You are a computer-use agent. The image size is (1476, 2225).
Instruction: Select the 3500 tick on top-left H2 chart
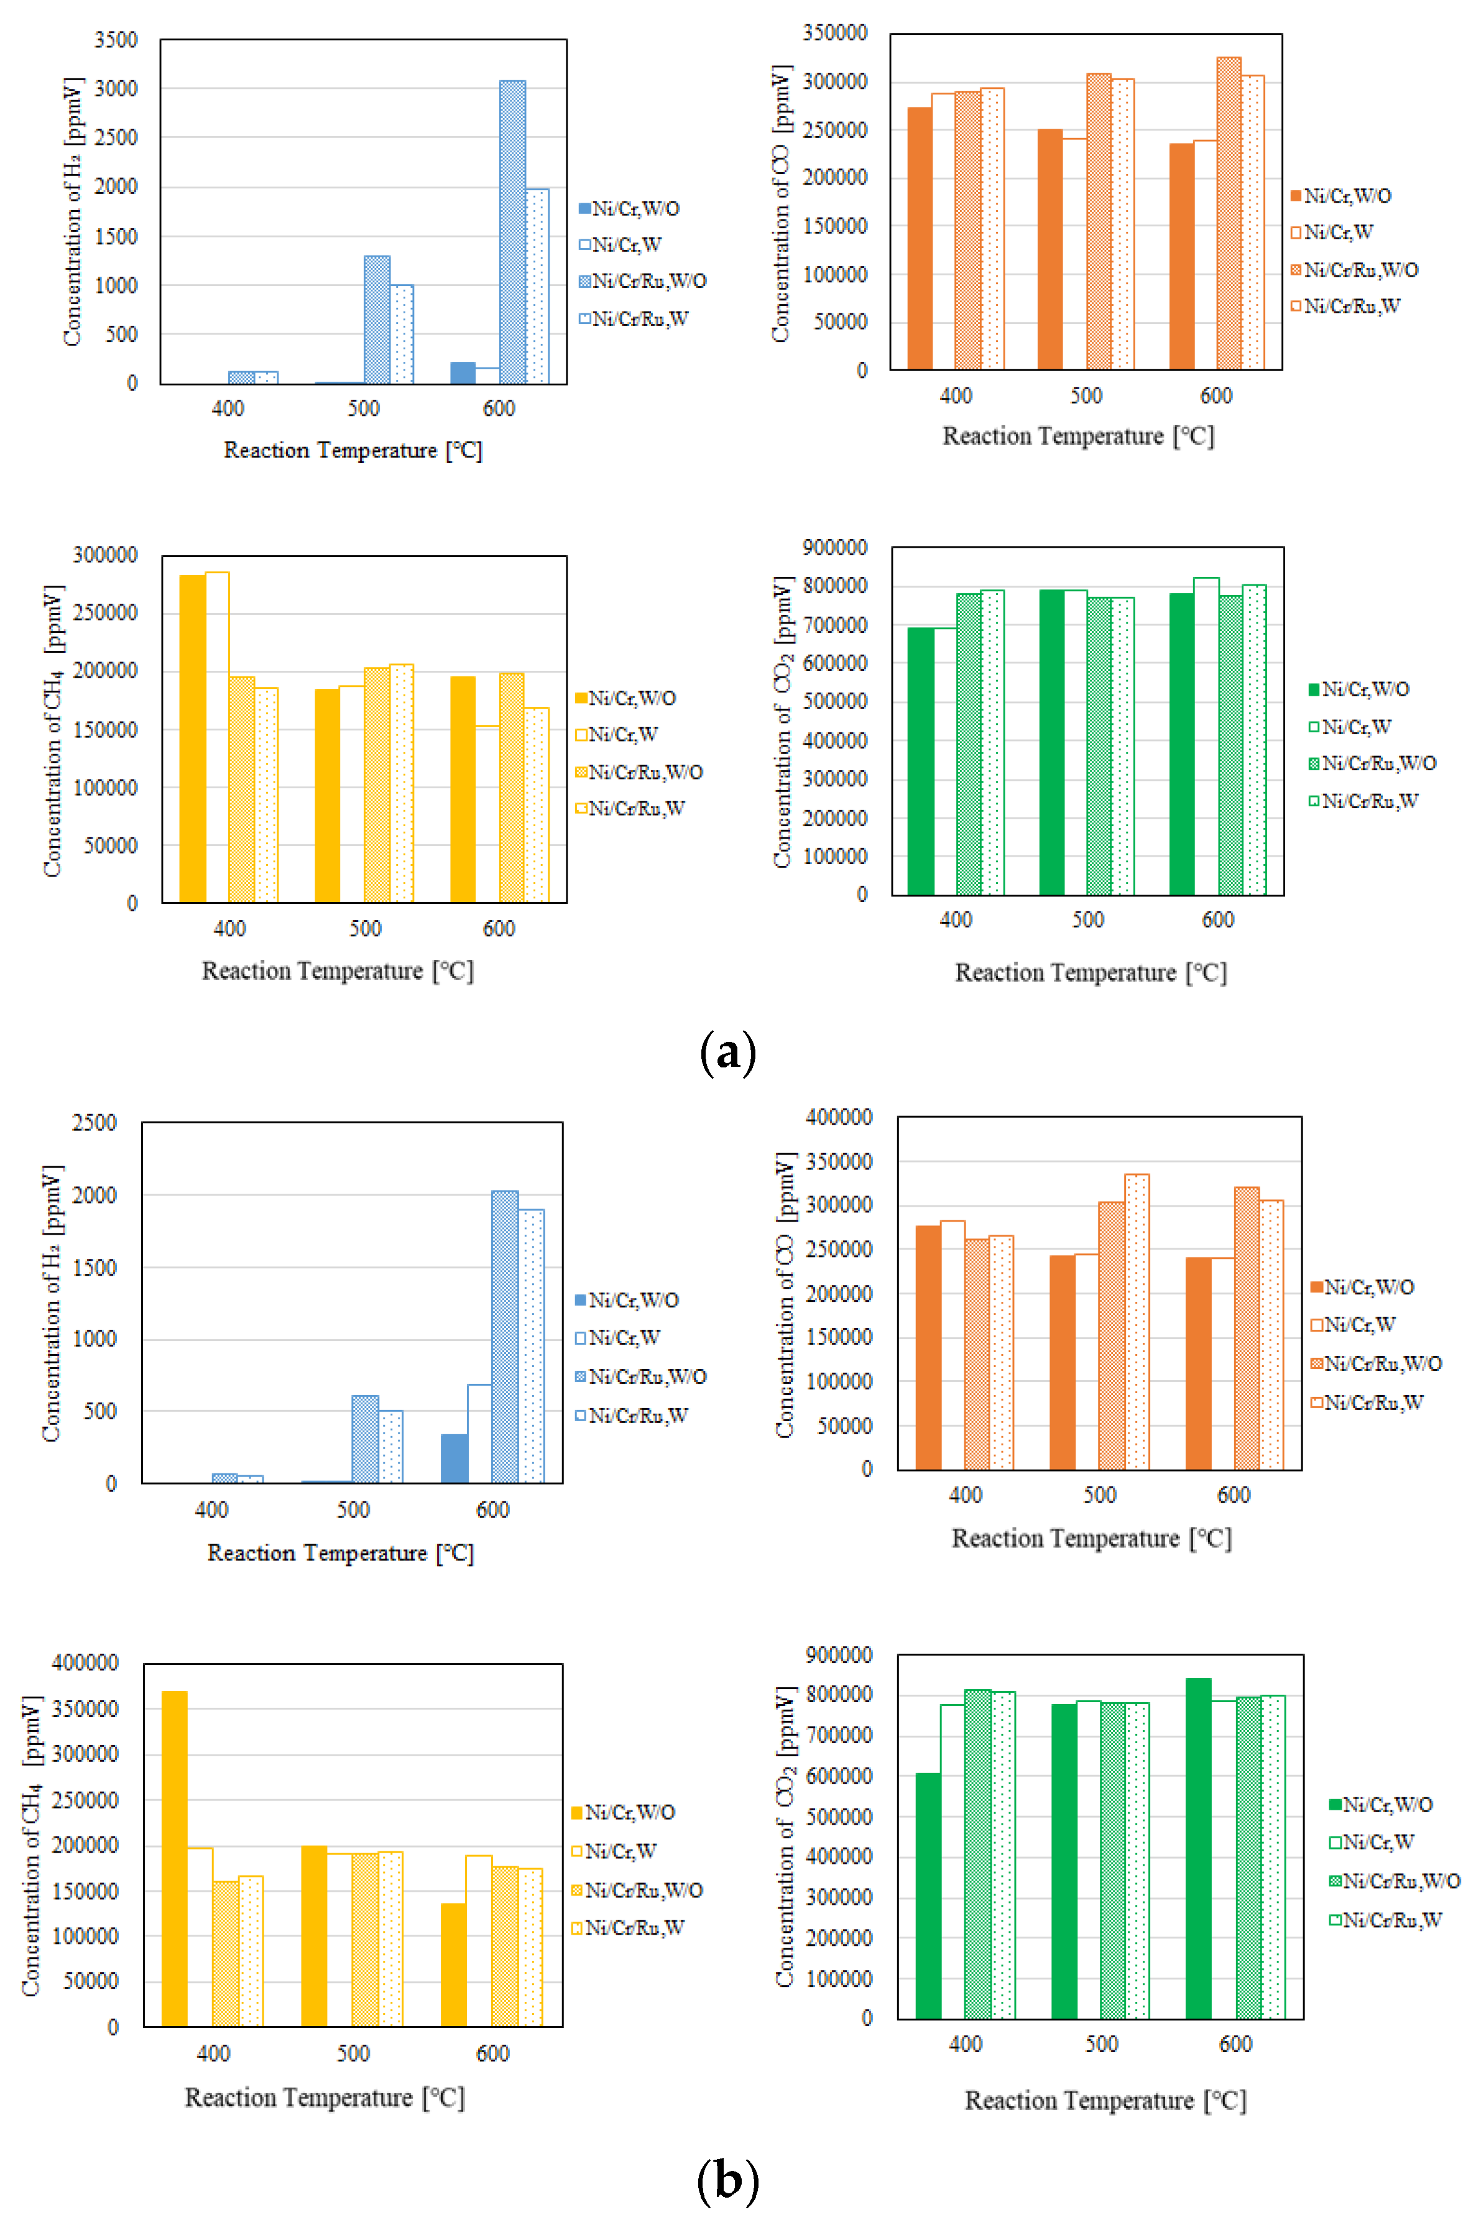(115, 40)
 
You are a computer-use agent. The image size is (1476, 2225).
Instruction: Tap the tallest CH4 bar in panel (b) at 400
(174, 1858)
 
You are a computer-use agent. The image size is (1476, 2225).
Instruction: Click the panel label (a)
(727, 1053)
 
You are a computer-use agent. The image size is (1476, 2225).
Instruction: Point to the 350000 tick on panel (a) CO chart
(834, 33)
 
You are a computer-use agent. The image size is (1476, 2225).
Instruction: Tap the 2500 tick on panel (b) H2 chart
(94, 1123)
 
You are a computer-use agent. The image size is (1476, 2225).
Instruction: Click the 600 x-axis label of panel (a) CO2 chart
(1217, 919)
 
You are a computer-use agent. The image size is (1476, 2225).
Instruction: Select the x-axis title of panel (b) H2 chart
(340, 1553)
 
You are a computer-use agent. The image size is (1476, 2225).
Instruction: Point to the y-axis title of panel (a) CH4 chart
(53, 730)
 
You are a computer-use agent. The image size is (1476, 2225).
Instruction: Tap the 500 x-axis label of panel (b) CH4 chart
(353, 2053)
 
